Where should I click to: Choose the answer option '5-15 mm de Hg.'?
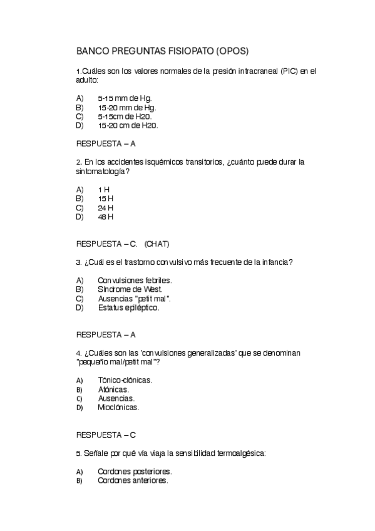[125, 98]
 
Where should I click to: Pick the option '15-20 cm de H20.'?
[128, 125]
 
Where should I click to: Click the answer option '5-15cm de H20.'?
[125, 116]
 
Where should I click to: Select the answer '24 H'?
[105, 208]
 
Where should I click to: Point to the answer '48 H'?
[105, 217]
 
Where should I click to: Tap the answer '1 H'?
[103, 190]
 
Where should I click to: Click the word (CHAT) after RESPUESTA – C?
[157, 244]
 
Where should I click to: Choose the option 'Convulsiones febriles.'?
[135, 281]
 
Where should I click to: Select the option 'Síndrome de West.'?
[130, 289]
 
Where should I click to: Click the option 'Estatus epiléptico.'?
[128, 307]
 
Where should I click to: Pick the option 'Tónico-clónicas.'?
[125, 380]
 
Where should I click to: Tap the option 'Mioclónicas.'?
[118, 407]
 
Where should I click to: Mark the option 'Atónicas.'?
[113, 389]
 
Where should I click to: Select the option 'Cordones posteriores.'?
[135, 471]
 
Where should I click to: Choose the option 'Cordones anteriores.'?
[133, 480]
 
